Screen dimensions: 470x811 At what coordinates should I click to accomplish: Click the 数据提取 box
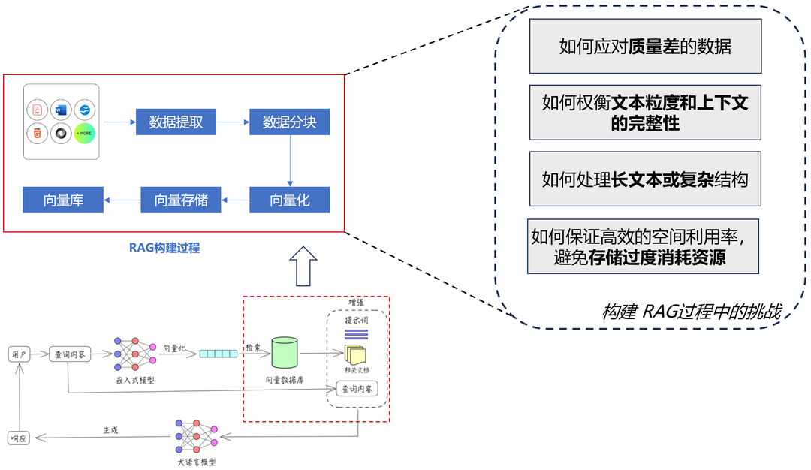pos(176,122)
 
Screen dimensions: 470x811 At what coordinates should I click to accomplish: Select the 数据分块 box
pos(289,122)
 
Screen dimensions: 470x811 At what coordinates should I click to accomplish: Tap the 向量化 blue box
pos(289,200)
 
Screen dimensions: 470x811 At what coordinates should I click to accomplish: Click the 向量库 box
pos(62,200)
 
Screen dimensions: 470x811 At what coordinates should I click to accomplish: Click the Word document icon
pos(61,110)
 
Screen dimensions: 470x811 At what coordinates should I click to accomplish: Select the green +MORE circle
pos(85,134)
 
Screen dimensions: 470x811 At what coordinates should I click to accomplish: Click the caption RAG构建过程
pos(164,247)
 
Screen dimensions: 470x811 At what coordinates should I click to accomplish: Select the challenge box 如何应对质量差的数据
pos(645,47)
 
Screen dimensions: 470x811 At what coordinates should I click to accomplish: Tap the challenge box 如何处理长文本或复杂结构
pos(645,179)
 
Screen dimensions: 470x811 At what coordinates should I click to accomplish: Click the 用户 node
pos(19,354)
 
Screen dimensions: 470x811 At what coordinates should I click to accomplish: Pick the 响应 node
pos(19,438)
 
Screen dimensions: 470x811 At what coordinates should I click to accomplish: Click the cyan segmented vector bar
pos(218,354)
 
